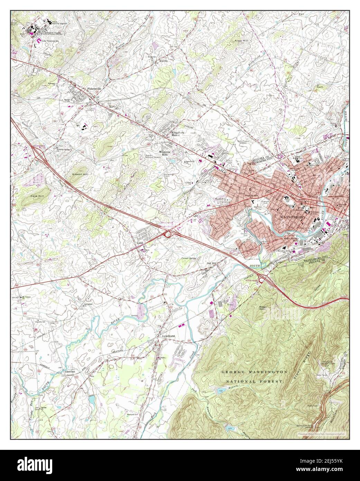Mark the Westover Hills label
(x=163, y=153)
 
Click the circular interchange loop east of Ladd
(x=168, y=235)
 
